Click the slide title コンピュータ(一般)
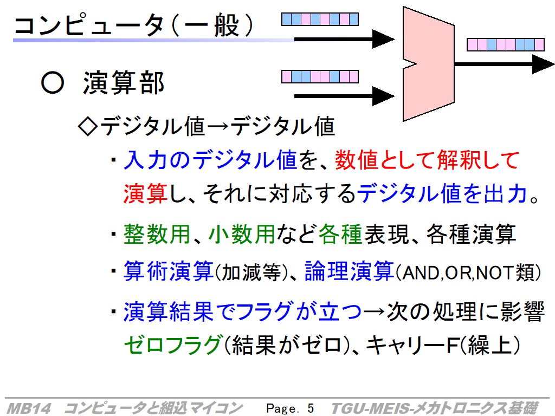(x=134, y=25)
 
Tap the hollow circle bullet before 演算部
(x=53, y=83)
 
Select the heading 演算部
(x=124, y=83)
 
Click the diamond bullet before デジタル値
(x=87, y=127)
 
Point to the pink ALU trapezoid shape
(x=428, y=64)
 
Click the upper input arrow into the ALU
(x=344, y=39)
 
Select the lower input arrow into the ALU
(x=344, y=96)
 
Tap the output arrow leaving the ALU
(x=505, y=64)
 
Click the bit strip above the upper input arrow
(x=320, y=19)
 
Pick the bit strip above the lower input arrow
(x=320, y=76)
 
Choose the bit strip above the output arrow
(x=506, y=44)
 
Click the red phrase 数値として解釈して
(x=427, y=160)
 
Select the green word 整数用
(x=157, y=234)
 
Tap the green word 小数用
(x=242, y=234)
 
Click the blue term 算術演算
(x=169, y=271)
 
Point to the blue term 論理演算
(x=350, y=271)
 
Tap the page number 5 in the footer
(x=311, y=408)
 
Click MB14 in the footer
(x=29, y=408)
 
